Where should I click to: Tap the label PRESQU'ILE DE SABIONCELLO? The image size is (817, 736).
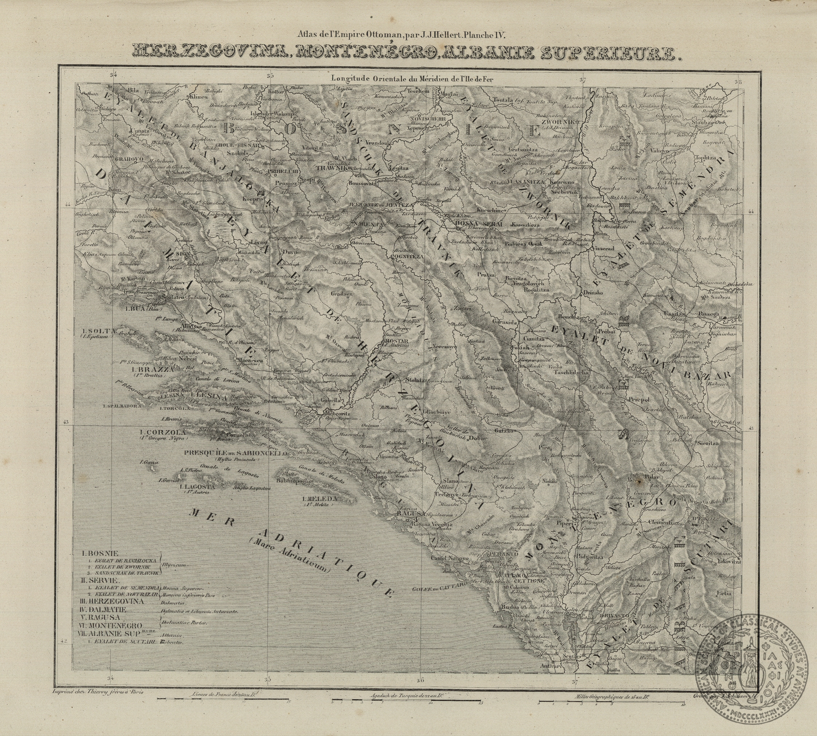click(235, 453)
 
